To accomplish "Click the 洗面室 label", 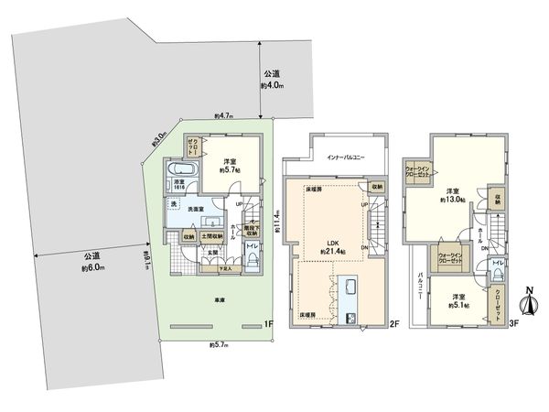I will (x=198, y=210).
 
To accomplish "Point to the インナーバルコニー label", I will (x=346, y=157).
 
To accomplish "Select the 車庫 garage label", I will (x=221, y=300).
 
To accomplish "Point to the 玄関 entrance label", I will (x=211, y=252).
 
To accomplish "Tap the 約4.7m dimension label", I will (x=224, y=117).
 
